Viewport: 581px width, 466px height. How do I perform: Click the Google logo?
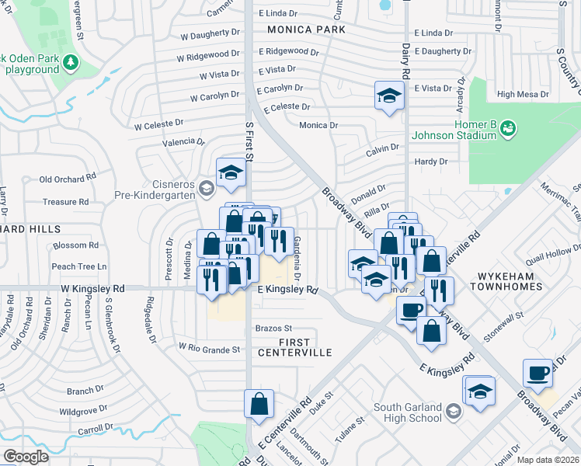tap(26, 457)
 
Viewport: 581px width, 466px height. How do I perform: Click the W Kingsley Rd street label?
tap(92, 288)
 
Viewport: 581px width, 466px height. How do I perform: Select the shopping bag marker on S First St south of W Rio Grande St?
tap(259, 404)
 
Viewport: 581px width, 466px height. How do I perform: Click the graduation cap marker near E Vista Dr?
tap(388, 96)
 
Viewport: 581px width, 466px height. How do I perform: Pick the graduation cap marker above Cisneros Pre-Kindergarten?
tap(231, 174)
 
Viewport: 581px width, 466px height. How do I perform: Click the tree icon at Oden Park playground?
tap(71, 61)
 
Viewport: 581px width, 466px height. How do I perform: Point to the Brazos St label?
tap(273, 329)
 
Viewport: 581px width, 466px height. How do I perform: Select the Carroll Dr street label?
tap(95, 429)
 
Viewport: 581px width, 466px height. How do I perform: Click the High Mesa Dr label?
tap(522, 94)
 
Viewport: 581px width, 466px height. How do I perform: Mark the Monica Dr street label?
tap(318, 125)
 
